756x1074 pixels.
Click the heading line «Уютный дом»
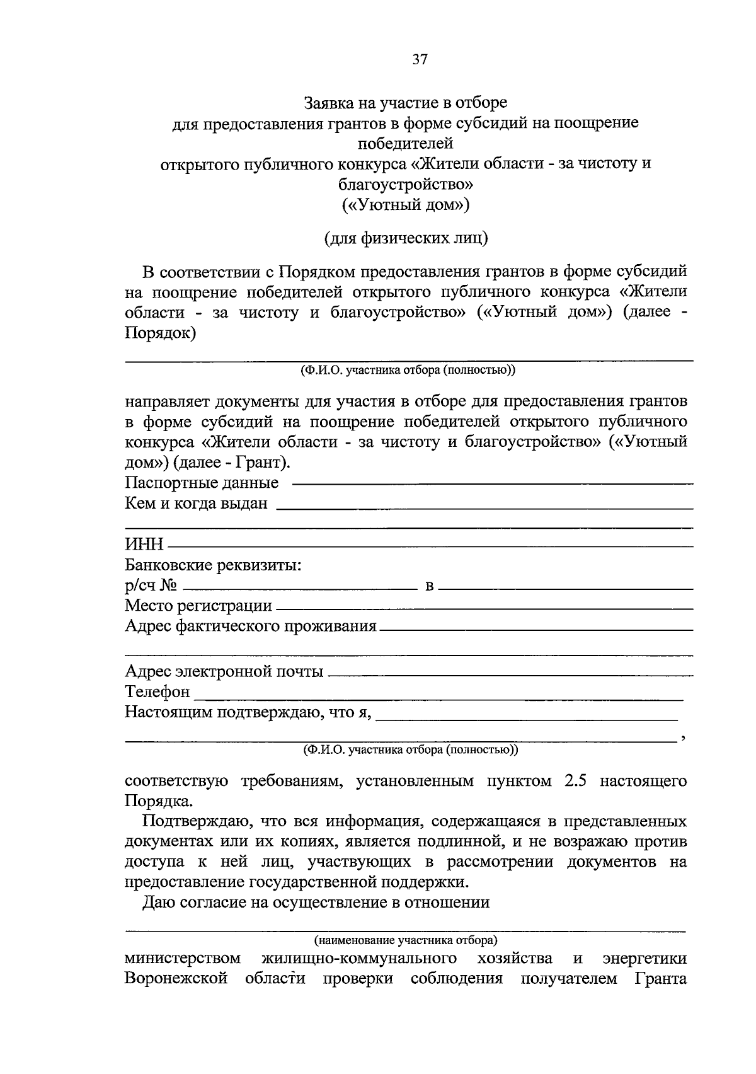click(406, 205)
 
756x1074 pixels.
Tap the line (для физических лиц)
click(406, 238)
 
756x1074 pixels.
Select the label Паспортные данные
click(202, 483)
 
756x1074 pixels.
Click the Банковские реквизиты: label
click(213, 565)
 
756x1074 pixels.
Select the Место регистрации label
click(198, 606)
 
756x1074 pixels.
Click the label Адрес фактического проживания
click(251, 626)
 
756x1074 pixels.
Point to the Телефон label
click(157, 692)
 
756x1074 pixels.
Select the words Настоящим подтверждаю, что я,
click(248, 712)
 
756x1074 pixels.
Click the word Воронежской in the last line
click(176, 979)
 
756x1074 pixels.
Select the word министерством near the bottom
click(183, 959)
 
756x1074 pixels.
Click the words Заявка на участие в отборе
click(406, 102)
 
